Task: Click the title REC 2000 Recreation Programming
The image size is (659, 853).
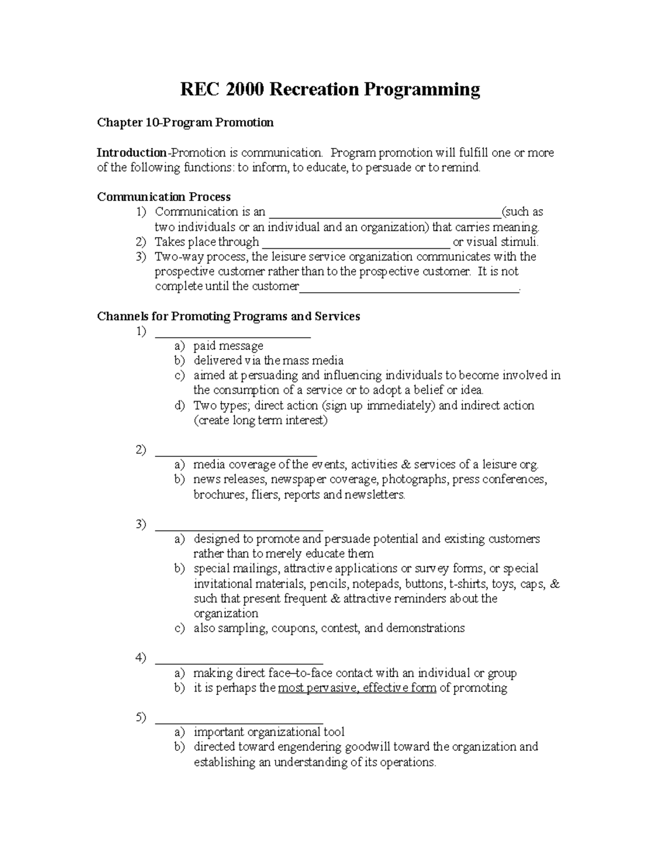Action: click(330, 89)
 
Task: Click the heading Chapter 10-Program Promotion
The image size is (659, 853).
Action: click(185, 122)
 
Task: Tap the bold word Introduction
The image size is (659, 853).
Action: click(131, 153)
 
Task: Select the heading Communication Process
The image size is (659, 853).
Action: click(164, 197)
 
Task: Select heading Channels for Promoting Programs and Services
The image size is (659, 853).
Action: click(228, 316)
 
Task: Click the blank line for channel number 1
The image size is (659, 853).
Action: click(233, 333)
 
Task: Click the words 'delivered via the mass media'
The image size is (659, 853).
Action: click(268, 361)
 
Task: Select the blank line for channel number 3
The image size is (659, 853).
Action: click(239, 526)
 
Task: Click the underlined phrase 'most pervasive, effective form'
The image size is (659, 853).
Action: click(357, 688)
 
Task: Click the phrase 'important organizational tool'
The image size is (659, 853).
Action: click(269, 732)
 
